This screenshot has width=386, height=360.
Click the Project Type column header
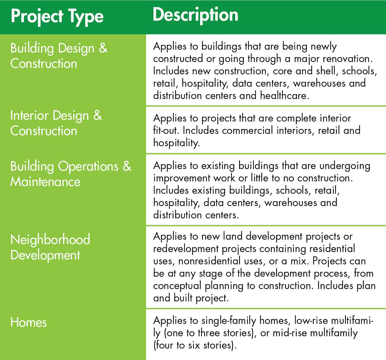(x=57, y=17)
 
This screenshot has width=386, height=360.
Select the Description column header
(x=195, y=15)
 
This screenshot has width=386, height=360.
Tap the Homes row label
(x=29, y=323)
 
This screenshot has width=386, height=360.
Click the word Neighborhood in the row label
(x=50, y=240)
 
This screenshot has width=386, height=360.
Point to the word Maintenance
(x=45, y=182)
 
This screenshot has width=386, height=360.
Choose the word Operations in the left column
(x=88, y=167)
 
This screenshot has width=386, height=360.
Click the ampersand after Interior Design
(x=98, y=115)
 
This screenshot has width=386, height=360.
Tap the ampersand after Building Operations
(x=127, y=166)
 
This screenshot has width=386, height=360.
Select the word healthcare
(x=284, y=96)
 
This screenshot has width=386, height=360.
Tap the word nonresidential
(x=209, y=261)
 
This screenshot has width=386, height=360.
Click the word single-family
(x=229, y=321)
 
